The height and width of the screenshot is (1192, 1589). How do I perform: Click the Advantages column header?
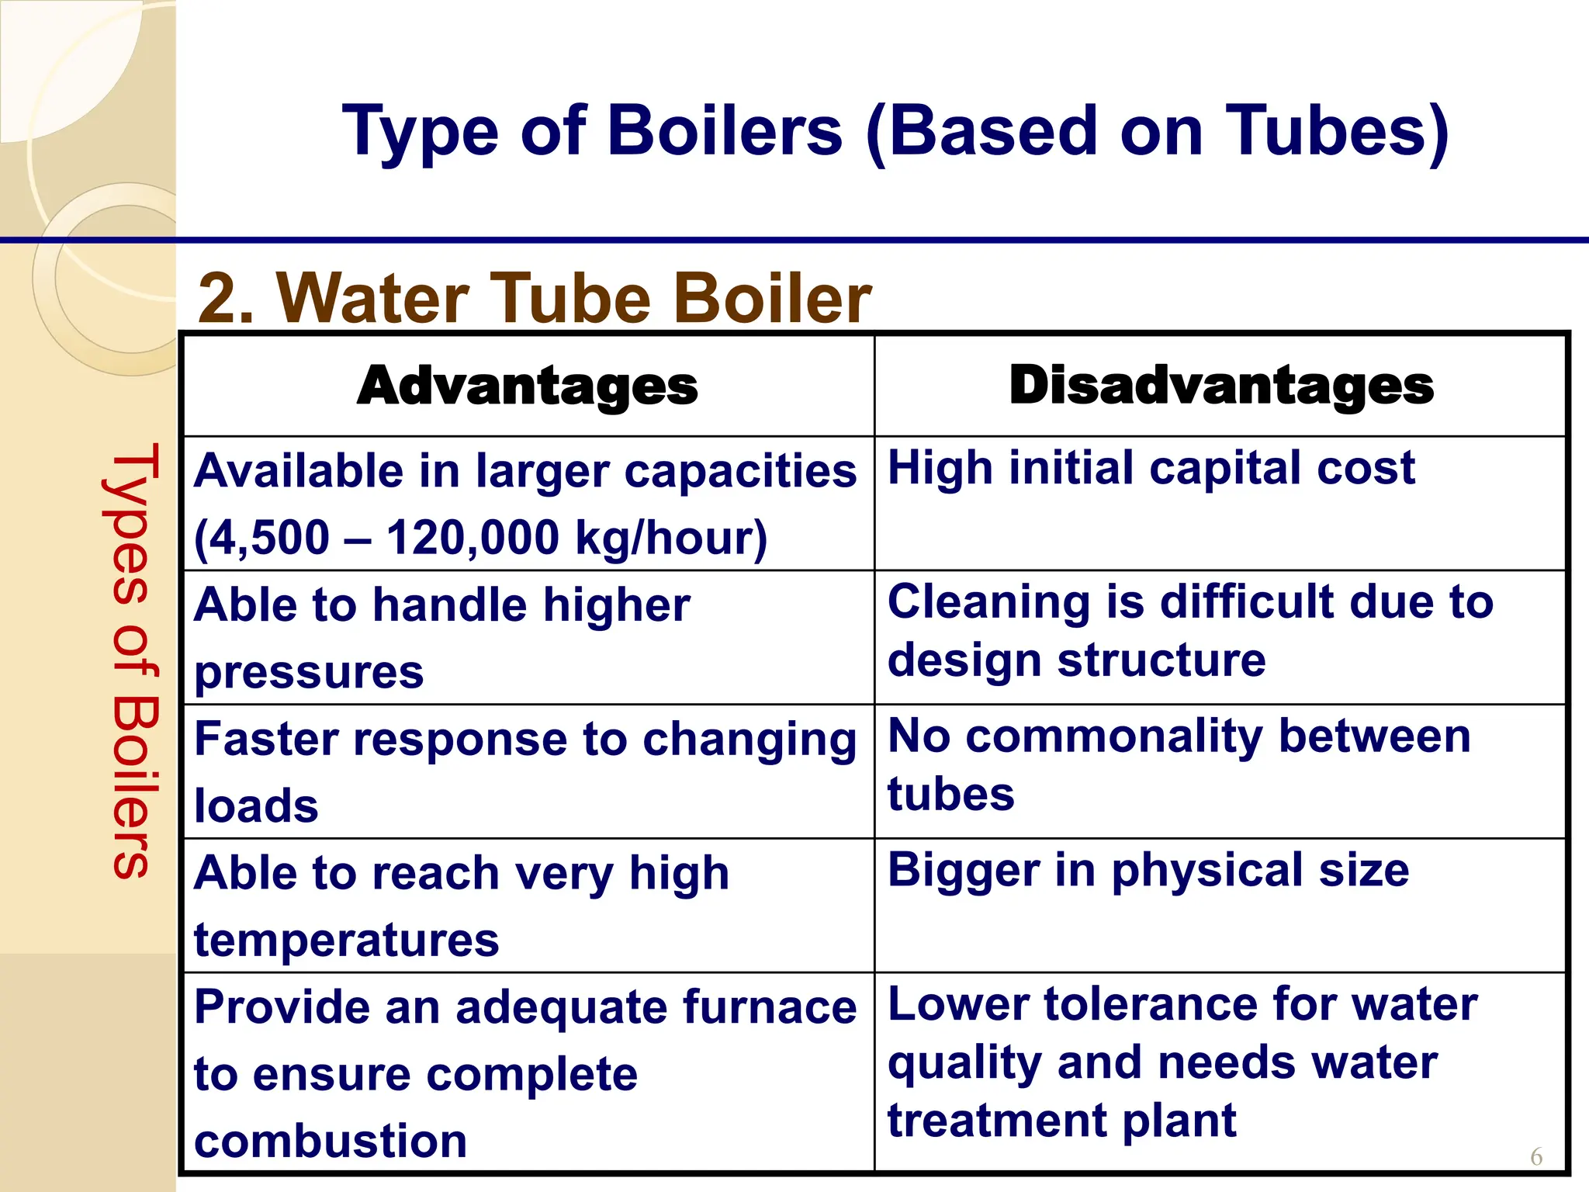pos(527,386)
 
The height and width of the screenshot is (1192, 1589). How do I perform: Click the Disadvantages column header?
pos(1221,385)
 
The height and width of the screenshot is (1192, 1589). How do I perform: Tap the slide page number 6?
pos(1536,1157)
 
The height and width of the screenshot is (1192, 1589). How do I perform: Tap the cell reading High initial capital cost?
pos(1151,468)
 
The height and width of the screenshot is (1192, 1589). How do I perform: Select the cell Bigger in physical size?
pos(1148,870)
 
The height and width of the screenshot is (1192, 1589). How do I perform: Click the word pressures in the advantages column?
pos(309,671)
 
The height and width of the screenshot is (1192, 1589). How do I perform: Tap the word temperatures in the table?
pos(346,940)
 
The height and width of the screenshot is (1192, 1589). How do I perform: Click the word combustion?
pos(331,1141)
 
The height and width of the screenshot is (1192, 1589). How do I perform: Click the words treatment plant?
pos(1061,1121)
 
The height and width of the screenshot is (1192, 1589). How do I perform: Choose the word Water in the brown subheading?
pos(372,299)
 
